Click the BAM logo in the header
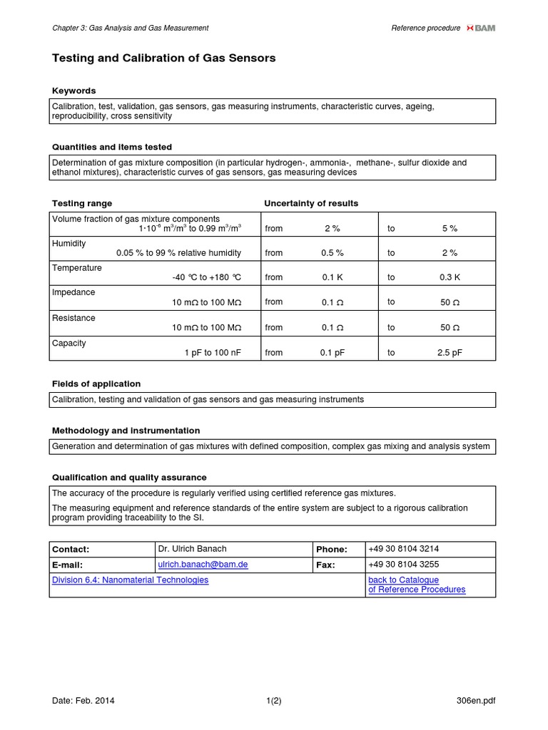[x=480, y=28]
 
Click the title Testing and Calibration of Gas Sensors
[x=164, y=58]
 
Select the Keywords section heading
[x=74, y=91]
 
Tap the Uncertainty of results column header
[x=311, y=203]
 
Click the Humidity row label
[x=69, y=243]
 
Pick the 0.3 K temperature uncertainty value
[x=450, y=277]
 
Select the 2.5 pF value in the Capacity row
[x=450, y=352]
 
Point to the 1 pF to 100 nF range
[x=213, y=352]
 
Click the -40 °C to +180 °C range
[x=207, y=277]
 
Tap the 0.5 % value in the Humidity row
[x=332, y=253]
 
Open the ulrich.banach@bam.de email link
[x=203, y=564]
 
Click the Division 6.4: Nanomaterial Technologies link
[x=131, y=580]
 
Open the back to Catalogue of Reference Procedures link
[x=417, y=585]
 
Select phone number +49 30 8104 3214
[x=403, y=549]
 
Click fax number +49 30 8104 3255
[x=403, y=565]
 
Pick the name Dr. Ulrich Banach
[x=192, y=549]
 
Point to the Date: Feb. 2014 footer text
[x=83, y=700]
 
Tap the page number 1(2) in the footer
[x=273, y=700]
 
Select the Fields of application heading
[x=96, y=384]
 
